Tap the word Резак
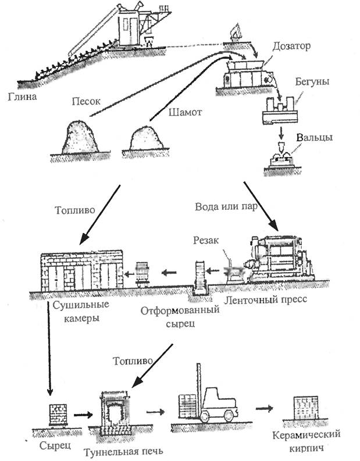tap(206, 240)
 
